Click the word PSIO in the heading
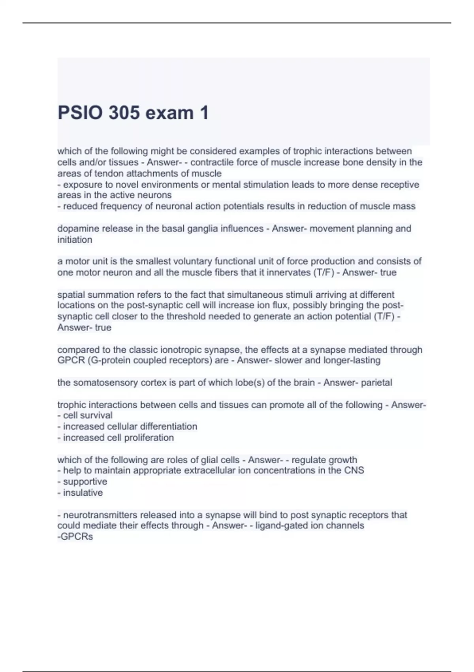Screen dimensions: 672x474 pyautogui.click(x=79, y=113)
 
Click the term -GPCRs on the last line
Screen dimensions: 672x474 pyautogui.click(x=75, y=537)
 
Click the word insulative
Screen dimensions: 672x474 pyautogui.click(x=83, y=493)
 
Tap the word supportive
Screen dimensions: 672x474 pyautogui.click(x=85, y=481)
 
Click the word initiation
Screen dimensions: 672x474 pyautogui.click(x=75, y=240)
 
